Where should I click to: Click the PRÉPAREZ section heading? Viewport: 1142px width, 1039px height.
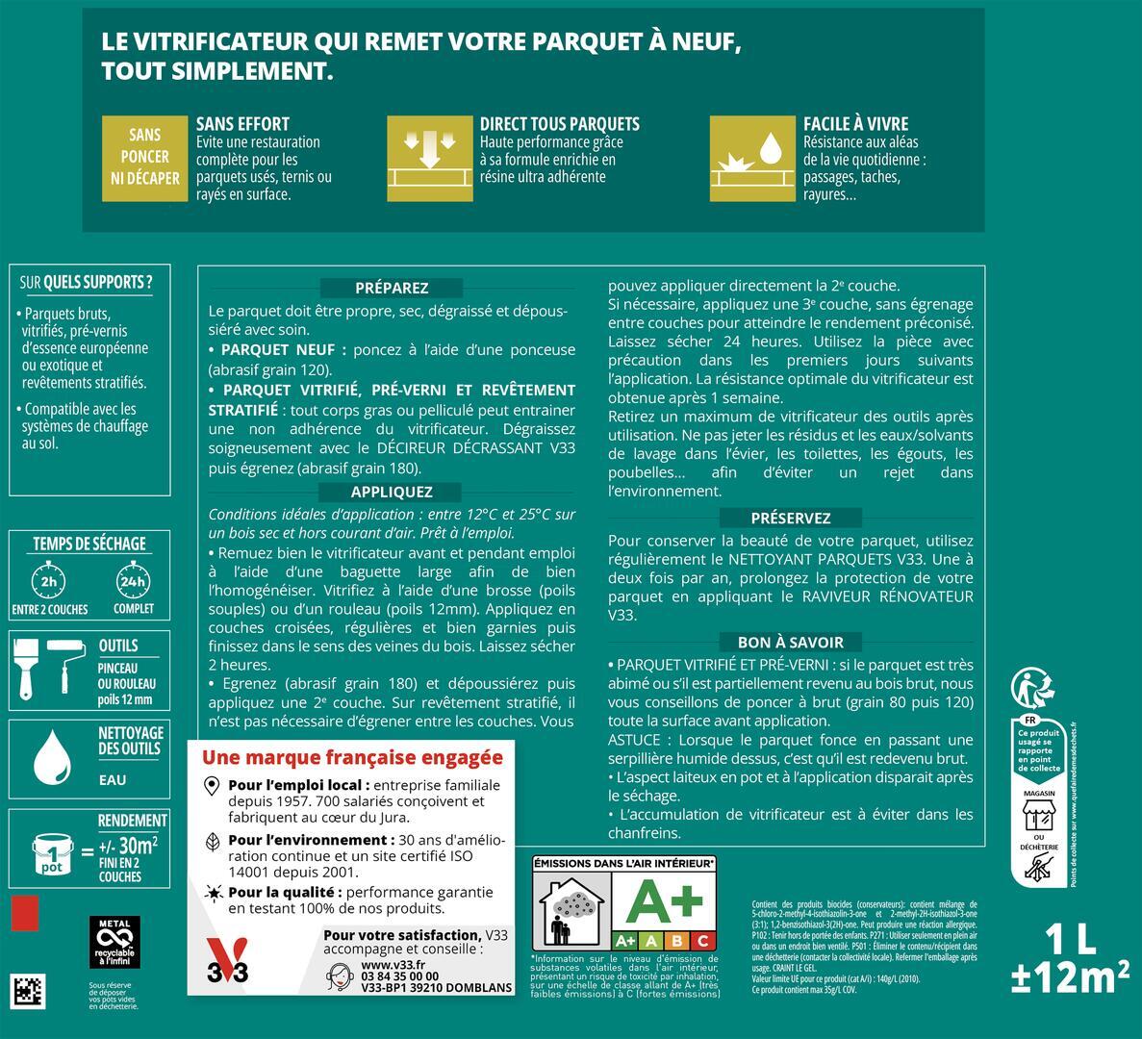pyautogui.click(x=392, y=288)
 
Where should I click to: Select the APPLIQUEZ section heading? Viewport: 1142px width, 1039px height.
pyautogui.click(x=392, y=492)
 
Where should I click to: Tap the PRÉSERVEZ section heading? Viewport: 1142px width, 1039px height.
pyautogui.click(x=790, y=518)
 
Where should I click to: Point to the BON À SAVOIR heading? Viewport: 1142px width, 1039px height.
pyautogui.click(x=790, y=643)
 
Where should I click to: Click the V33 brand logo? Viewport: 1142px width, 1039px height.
pyautogui.click(x=228, y=965)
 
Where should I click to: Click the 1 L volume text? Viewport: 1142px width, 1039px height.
pyautogui.click(x=1068, y=940)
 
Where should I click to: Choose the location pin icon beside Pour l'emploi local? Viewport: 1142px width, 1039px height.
pyautogui.click(x=213, y=786)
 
